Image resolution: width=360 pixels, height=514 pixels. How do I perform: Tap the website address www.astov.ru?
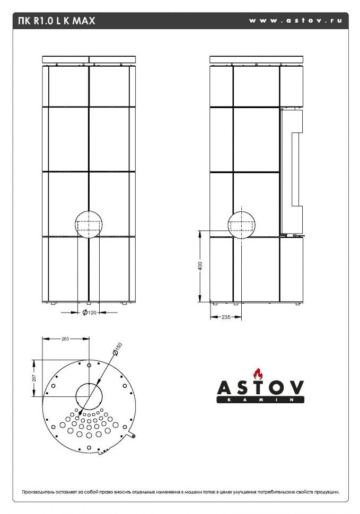pyautogui.click(x=295, y=21)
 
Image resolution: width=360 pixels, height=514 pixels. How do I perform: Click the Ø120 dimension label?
pyautogui.click(x=90, y=313)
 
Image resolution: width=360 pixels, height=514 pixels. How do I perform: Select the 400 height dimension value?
pyautogui.click(x=200, y=267)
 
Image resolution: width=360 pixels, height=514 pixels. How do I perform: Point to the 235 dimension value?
pyautogui.click(x=226, y=317)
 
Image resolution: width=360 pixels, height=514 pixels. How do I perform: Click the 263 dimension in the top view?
pyautogui.click(x=65, y=339)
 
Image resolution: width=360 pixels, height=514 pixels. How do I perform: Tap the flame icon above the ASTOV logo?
pyautogui.click(x=258, y=373)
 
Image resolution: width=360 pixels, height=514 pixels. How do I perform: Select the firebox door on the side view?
pyautogui.click(x=291, y=172)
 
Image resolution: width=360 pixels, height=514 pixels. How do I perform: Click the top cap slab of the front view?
pyautogui.click(x=89, y=59)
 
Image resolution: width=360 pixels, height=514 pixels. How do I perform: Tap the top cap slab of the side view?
pyautogui.click(x=257, y=59)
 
